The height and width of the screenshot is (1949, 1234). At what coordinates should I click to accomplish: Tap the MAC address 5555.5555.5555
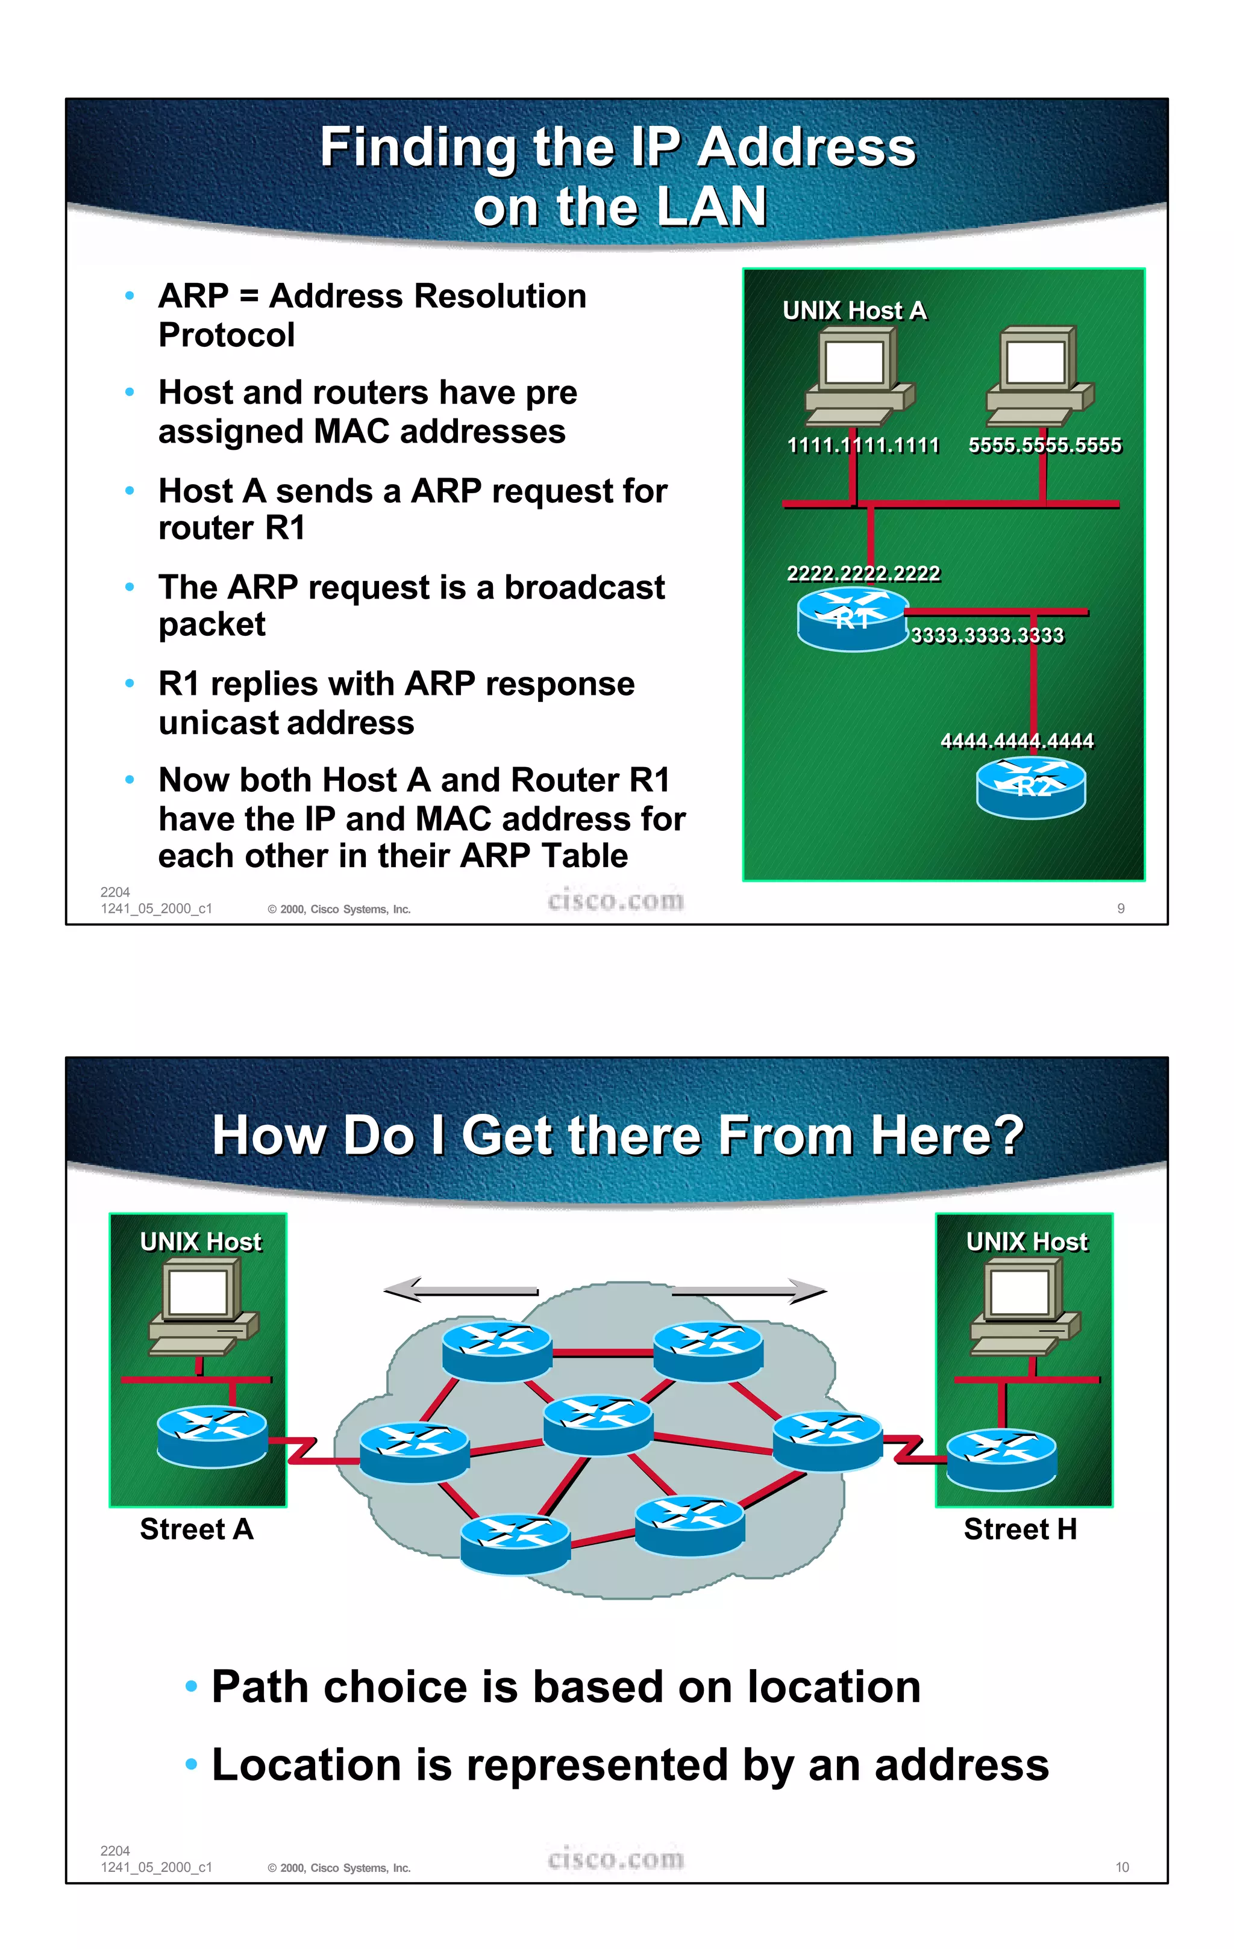pos(1045,445)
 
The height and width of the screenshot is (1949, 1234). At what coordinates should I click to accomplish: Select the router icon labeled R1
pos(852,619)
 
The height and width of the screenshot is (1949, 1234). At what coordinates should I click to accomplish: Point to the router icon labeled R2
pos(1031,787)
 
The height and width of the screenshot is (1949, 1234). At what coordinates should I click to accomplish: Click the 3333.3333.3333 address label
pos(987,635)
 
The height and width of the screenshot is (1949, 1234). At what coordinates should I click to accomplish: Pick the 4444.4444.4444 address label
pos(1017,741)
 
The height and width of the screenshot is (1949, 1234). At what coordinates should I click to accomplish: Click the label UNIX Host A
pos(854,311)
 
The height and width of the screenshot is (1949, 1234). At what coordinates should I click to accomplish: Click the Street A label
pos(197,1529)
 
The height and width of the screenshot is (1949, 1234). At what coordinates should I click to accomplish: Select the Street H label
pos(1020,1529)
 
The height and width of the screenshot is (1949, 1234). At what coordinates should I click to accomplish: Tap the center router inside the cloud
pos(598,1423)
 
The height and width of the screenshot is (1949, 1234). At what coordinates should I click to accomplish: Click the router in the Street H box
pos(1001,1458)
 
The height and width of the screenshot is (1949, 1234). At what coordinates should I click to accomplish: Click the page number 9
pos(1121,908)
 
